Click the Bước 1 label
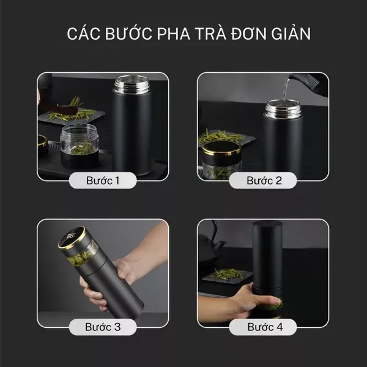coord(102,180)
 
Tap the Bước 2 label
coord(264,180)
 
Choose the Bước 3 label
coord(102,327)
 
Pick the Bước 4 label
coord(264,327)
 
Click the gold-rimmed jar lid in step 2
coord(221,149)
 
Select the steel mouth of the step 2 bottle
coord(283,110)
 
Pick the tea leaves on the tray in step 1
coord(72,113)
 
